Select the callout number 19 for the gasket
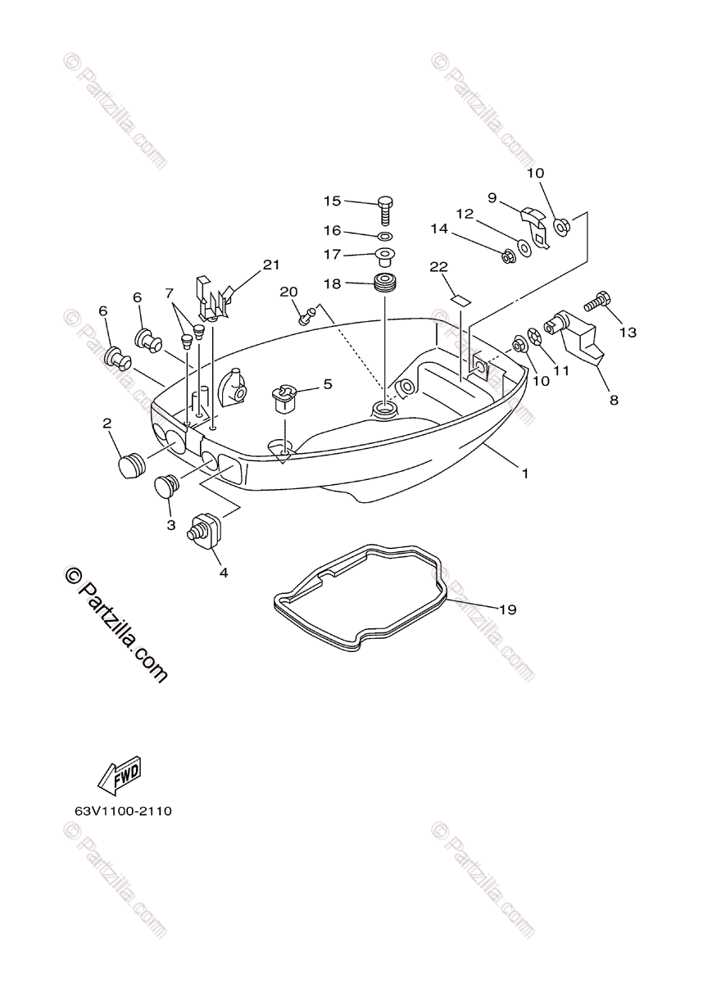tap(507, 609)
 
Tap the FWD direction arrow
tap(120, 775)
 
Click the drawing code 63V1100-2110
tap(123, 812)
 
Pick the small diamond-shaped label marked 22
tap(462, 299)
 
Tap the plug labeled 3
tap(168, 487)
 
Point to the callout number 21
tap(271, 265)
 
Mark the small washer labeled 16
tap(385, 236)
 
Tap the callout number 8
tap(614, 401)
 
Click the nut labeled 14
tap(508, 256)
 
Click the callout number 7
tap(170, 292)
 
